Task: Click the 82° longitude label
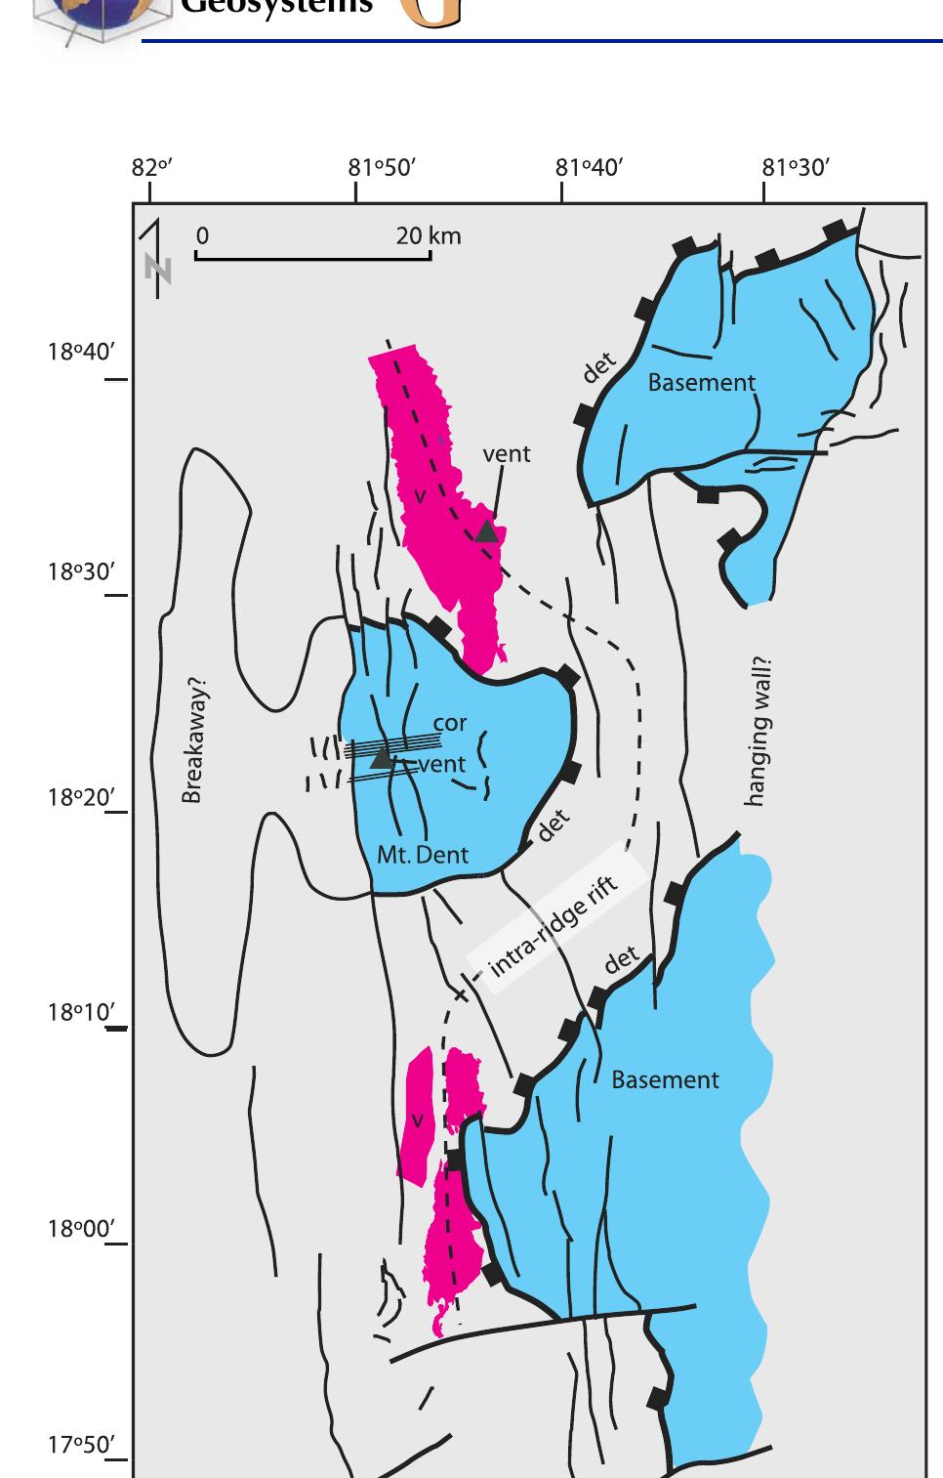click(151, 168)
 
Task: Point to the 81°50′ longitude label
click(382, 168)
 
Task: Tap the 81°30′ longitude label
click(796, 168)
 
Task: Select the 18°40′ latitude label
click(81, 352)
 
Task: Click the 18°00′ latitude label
click(81, 1229)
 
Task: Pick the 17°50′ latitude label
click(81, 1445)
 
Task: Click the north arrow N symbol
click(157, 267)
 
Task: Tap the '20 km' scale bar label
click(428, 236)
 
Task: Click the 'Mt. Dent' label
click(422, 856)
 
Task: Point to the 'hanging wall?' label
click(758, 732)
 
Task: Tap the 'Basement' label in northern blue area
click(701, 383)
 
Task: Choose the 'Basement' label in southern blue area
click(664, 1080)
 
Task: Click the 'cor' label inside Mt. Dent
click(449, 724)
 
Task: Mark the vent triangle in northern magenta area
click(486, 531)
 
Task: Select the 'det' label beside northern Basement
click(598, 367)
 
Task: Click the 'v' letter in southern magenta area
click(417, 1120)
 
